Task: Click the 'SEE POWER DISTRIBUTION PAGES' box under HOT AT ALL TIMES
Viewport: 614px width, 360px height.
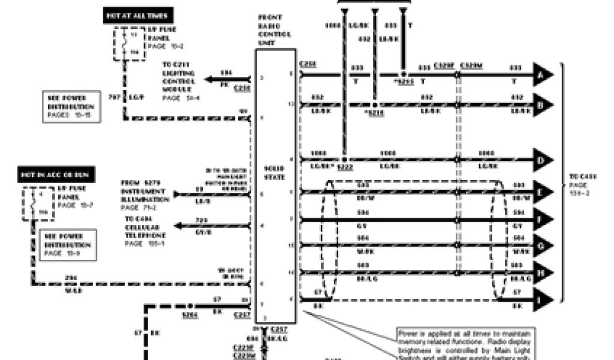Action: [x=70, y=107]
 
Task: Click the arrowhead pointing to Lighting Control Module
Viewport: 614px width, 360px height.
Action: [x=210, y=79]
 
